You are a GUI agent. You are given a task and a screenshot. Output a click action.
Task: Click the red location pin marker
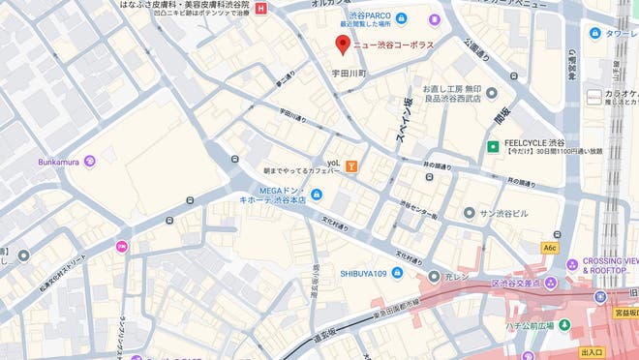click(341, 44)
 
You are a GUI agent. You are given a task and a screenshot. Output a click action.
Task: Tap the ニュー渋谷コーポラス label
click(392, 45)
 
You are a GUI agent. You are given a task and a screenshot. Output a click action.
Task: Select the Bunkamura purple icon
click(90, 161)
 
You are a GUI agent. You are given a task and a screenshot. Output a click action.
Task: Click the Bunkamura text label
click(59, 161)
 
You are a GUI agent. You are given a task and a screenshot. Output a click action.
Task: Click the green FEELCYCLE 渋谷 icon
click(493, 147)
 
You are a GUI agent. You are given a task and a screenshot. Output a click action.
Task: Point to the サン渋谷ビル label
click(502, 212)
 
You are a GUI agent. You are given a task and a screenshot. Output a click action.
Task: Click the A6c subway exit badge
click(550, 248)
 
